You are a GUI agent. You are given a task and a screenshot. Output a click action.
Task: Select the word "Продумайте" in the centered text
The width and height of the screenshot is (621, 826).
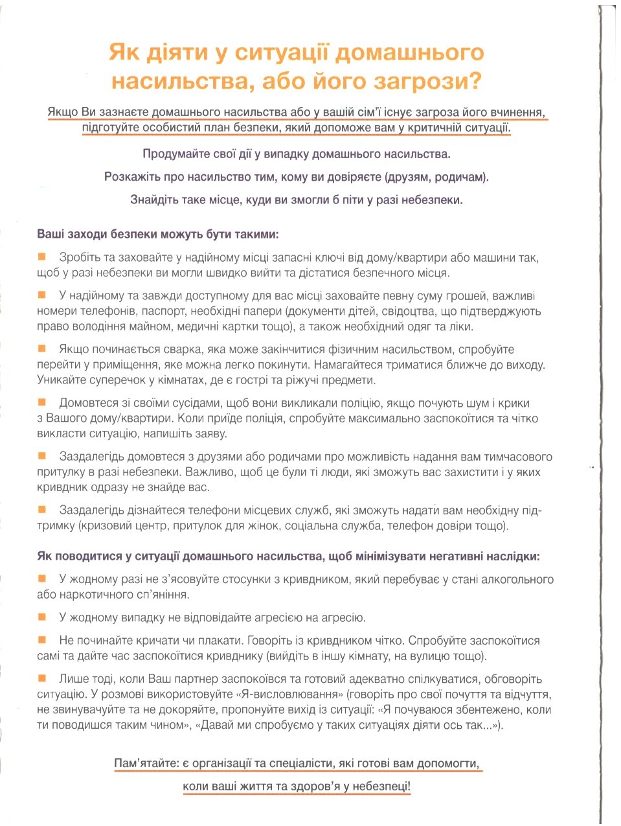coord(173,154)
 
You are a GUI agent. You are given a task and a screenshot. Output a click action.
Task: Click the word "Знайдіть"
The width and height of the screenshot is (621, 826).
coord(154,200)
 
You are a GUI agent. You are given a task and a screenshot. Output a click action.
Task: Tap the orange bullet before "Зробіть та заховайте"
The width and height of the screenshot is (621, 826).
coord(43,257)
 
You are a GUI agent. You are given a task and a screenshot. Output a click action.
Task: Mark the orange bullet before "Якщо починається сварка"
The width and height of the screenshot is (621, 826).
coord(43,349)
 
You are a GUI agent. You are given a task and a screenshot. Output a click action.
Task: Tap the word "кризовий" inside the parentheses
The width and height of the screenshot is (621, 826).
coord(106,525)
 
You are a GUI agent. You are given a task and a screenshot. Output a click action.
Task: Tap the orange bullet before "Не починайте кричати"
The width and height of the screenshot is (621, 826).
coord(43,640)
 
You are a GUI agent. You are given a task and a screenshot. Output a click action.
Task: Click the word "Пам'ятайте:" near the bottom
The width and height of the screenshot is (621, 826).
coord(146,764)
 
